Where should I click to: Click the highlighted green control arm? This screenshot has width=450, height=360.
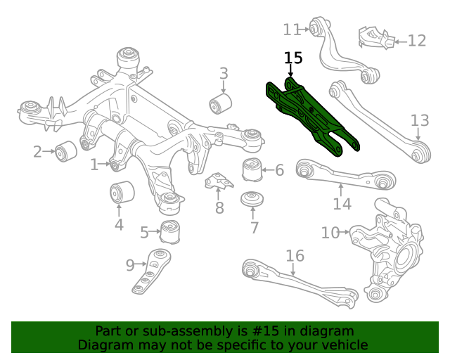313,116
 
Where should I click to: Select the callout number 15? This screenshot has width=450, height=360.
293,58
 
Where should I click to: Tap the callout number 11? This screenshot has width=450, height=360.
291,30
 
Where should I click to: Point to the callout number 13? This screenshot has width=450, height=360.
419,120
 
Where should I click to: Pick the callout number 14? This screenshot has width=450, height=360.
342,204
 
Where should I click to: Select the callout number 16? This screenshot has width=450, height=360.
294,255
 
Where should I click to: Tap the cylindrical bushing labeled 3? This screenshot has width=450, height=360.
221,105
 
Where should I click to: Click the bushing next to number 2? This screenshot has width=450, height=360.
66,150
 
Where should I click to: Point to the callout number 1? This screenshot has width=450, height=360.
95,165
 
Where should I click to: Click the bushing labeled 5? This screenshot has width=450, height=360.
170,231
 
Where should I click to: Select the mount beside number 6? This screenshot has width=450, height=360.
251,169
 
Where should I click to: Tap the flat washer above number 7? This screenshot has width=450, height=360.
251,199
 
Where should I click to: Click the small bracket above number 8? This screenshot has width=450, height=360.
220,182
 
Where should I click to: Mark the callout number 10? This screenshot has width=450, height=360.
330,232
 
